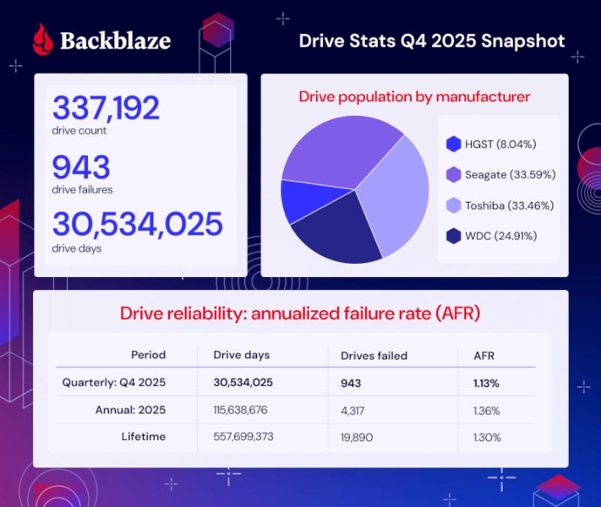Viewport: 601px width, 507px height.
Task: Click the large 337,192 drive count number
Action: [x=107, y=107]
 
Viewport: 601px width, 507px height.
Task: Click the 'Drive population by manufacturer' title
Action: [x=414, y=97]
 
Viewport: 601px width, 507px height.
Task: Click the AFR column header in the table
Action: [x=484, y=356]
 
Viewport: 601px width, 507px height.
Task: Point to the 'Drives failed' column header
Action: [x=374, y=356]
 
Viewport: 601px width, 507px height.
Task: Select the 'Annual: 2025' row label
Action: [x=131, y=410]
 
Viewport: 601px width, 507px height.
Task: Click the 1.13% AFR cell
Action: [x=486, y=383]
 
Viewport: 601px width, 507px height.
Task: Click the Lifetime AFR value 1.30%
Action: [x=487, y=437]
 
